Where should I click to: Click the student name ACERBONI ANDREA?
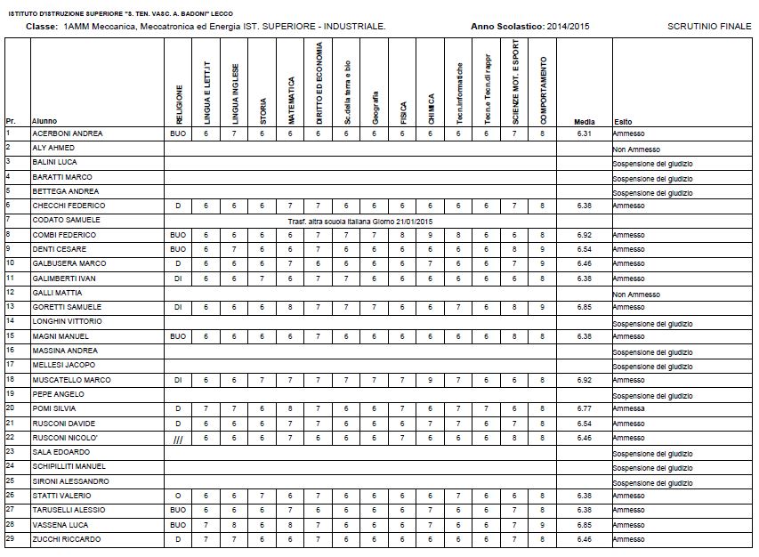(x=68, y=133)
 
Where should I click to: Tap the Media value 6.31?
(x=584, y=133)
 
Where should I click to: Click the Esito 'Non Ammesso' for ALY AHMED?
(x=635, y=148)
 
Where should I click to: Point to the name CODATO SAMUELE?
(x=67, y=220)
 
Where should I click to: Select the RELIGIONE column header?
(x=179, y=104)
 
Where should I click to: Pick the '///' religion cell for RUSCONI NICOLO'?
(x=178, y=438)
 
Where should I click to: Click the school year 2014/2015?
(x=567, y=27)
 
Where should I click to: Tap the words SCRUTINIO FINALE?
(x=709, y=27)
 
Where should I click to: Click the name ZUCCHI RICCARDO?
(x=67, y=539)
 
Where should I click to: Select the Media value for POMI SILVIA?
(x=584, y=408)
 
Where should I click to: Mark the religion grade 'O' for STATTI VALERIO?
(x=178, y=496)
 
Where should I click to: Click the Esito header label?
(x=623, y=122)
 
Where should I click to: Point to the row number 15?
(x=10, y=335)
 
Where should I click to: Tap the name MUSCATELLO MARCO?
(x=72, y=380)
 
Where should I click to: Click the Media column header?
(x=584, y=122)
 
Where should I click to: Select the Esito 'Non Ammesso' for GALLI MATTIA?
(x=635, y=294)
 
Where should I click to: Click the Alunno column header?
(x=44, y=122)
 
